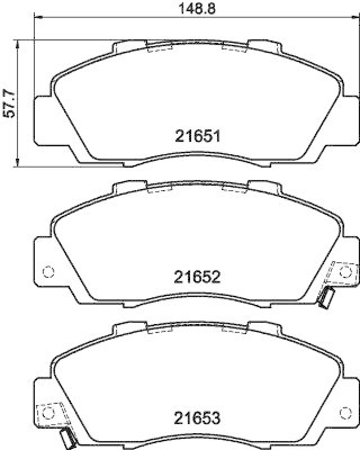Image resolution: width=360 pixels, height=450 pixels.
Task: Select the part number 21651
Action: click(196, 136)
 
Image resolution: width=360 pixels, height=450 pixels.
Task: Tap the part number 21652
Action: click(196, 277)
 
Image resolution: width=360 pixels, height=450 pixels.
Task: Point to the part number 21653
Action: click(196, 419)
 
